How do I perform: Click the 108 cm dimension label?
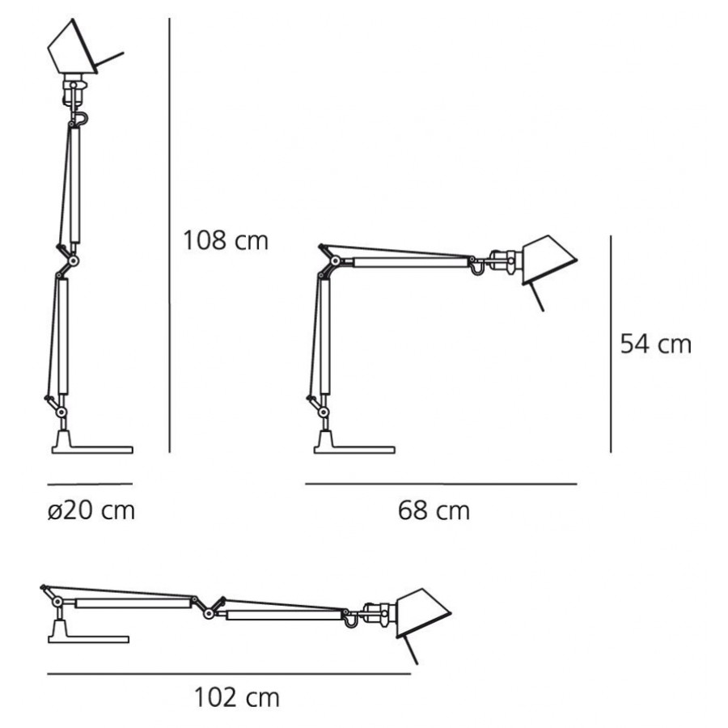click(x=225, y=240)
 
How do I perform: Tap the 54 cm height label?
click(x=655, y=345)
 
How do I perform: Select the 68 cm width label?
click(x=434, y=510)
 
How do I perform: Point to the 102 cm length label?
click(x=237, y=696)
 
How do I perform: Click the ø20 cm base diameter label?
click(x=91, y=510)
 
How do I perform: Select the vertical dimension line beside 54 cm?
click(x=610, y=344)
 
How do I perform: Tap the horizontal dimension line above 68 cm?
click(x=441, y=485)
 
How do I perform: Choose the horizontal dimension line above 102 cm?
click(x=229, y=673)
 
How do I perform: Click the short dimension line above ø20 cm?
click(x=90, y=485)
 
